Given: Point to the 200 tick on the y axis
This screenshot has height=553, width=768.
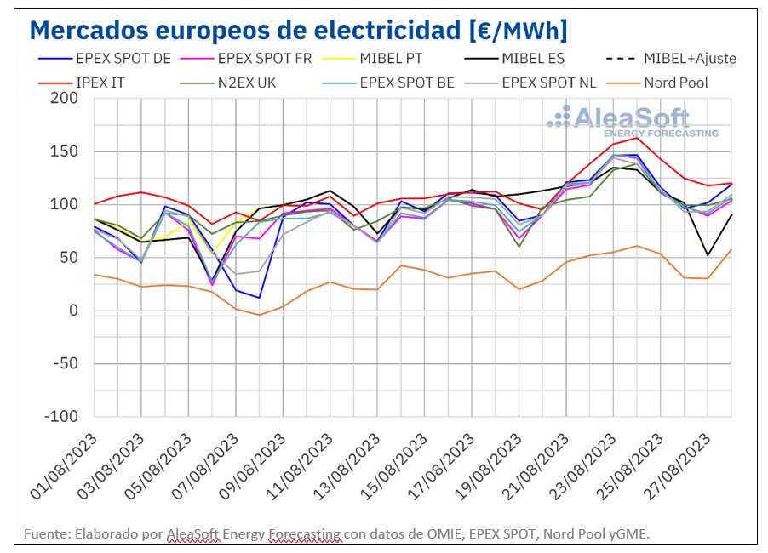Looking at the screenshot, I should tap(64, 98).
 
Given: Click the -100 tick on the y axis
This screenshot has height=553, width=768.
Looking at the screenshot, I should tap(60, 417).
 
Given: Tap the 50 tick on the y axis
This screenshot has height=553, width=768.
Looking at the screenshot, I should tap(68, 258).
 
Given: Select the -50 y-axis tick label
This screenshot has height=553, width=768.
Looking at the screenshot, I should tap(64, 364).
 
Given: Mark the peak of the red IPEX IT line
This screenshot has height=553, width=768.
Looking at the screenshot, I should tap(637, 138).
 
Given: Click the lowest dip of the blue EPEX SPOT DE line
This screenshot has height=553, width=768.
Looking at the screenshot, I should tap(258, 298).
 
